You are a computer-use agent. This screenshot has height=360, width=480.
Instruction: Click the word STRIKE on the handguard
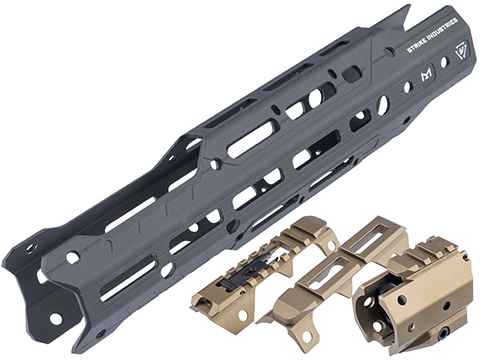click(x=417, y=45)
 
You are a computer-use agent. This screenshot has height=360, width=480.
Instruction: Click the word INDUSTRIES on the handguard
click(x=443, y=28)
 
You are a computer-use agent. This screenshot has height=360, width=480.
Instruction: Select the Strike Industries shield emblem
click(x=462, y=52)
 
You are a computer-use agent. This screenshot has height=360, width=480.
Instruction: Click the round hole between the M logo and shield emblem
click(x=444, y=62)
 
